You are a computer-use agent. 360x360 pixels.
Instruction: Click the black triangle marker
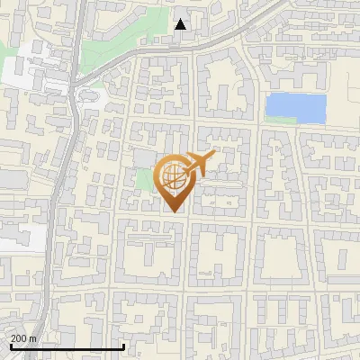(181, 24)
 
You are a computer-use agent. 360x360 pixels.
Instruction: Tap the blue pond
(294, 108)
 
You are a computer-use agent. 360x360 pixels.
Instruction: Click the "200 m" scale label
(23, 338)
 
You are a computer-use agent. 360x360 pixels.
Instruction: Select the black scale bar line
(67, 346)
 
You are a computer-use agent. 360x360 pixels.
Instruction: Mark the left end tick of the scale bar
(11, 346)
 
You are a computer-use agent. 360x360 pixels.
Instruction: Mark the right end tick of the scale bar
(122, 346)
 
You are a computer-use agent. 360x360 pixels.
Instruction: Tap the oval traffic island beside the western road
(89, 93)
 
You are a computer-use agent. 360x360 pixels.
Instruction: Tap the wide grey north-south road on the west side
(61, 180)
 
